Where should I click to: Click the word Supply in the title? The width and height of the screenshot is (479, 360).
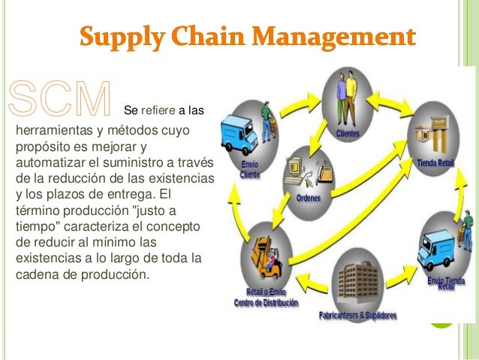click(x=121, y=36)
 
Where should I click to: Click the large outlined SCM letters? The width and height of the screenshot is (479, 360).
click(x=60, y=100)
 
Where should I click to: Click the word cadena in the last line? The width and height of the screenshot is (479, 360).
click(x=36, y=274)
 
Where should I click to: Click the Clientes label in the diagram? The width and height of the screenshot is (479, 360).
click(x=348, y=134)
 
